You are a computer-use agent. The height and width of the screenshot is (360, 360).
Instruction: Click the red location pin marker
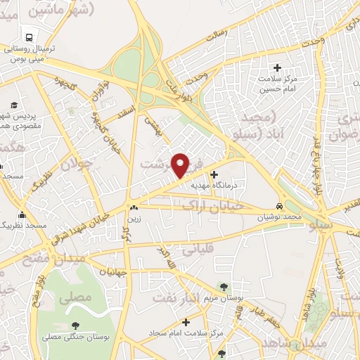pyautogui.click(x=181, y=165)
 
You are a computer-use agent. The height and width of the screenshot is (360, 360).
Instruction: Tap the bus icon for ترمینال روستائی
pyautogui.click(x=29, y=36)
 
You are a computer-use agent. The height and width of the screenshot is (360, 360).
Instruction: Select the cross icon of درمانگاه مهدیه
pyautogui.click(x=214, y=174)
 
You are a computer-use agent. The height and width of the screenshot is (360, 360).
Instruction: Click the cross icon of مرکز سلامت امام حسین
pyautogui.click(x=277, y=68)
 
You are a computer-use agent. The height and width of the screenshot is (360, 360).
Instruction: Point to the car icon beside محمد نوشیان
pyautogui.click(x=280, y=207)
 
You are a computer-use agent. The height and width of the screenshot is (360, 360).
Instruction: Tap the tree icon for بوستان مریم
pyautogui.click(x=224, y=286)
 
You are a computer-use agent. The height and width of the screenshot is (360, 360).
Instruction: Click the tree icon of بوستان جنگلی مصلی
pyautogui.click(x=75, y=325)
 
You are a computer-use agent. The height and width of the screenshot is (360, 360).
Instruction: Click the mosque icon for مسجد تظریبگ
pyautogui.click(x=22, y=214)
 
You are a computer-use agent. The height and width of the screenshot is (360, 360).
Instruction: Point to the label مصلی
pyautogui.click(x=75, y=297)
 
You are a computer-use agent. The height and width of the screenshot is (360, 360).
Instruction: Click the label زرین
pyautogui.click(x=133, y=219)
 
